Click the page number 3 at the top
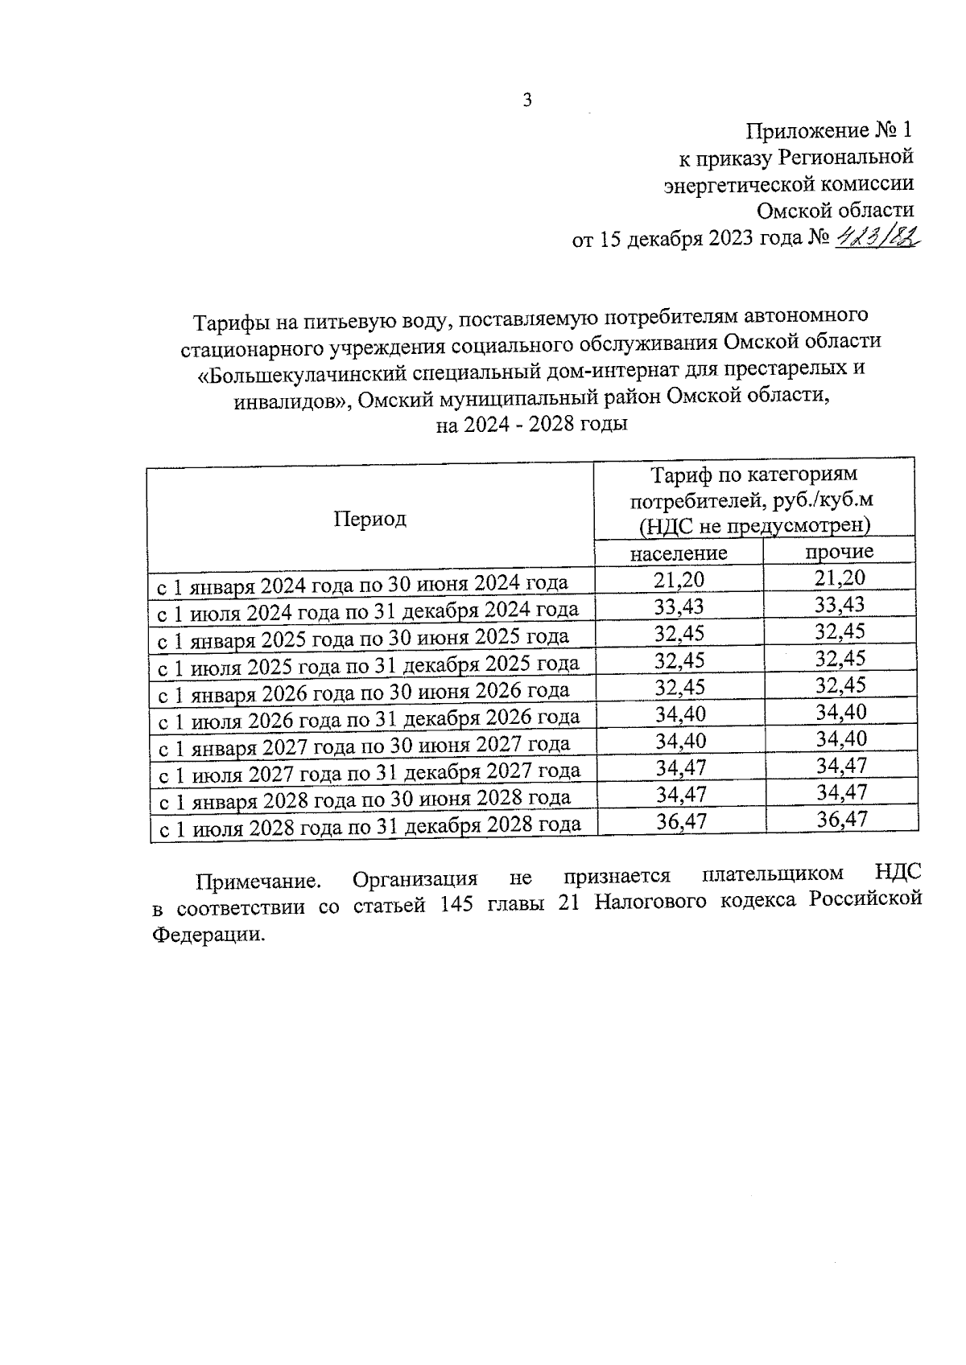pos(527,101)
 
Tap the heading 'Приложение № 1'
pos(830,130)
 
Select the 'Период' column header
pos(370,519)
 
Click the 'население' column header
pos(679,553)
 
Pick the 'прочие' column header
pos(840,551)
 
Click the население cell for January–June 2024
pos(679,579)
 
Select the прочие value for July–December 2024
pos(840,605)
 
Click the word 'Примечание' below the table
pos(257,881)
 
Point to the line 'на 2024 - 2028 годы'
pos(531,425)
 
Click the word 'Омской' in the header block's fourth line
pos(797,211)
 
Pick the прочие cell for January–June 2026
pos(840,685)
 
